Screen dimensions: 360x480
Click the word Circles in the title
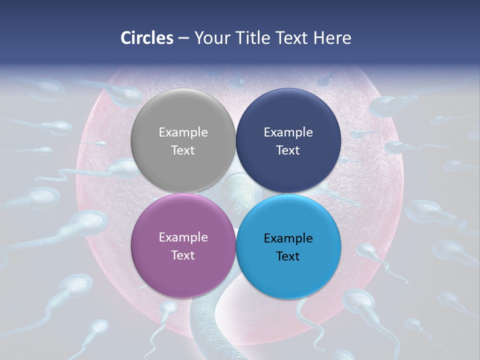146,38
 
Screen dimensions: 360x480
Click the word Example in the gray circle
183,132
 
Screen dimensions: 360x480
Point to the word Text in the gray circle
183,150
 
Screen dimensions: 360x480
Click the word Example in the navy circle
288,132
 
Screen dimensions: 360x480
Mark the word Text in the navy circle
288,150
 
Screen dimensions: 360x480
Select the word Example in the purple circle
183,237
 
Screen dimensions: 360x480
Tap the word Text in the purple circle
183,255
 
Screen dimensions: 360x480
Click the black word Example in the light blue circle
288,238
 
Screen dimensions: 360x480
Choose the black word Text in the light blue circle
288,256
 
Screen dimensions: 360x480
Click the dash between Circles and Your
183,38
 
